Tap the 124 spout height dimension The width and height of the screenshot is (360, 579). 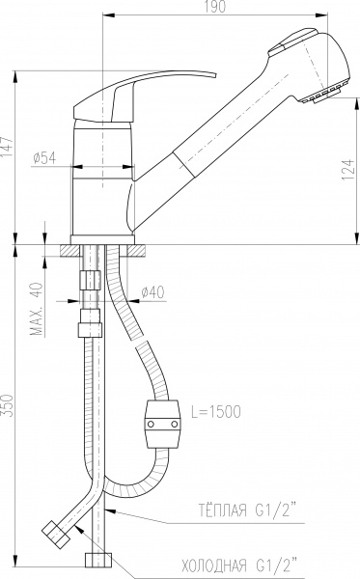click(347, 170)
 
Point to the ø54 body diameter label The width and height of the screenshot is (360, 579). click(44, 158)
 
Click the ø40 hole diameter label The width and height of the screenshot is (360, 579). click(152, 292)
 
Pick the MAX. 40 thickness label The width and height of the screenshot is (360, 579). click(37, 309)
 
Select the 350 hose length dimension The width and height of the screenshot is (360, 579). click(8, 405)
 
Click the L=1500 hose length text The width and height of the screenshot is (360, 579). click(216, 411)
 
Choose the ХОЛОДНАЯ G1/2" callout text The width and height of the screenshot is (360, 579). click(239, 565)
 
